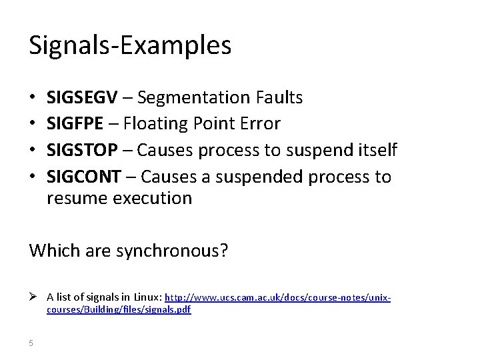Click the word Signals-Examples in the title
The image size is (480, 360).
pos(130,45)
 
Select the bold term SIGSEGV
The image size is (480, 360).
pos(81,98)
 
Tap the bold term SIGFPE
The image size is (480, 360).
pos(74,124)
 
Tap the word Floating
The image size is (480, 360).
pos(151,124)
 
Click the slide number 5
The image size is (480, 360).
pos(31,343)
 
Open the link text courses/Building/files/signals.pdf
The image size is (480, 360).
pos(119,310)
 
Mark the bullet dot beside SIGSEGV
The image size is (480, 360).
pos(33,98)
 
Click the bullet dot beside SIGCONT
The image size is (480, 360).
pos(33,177)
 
